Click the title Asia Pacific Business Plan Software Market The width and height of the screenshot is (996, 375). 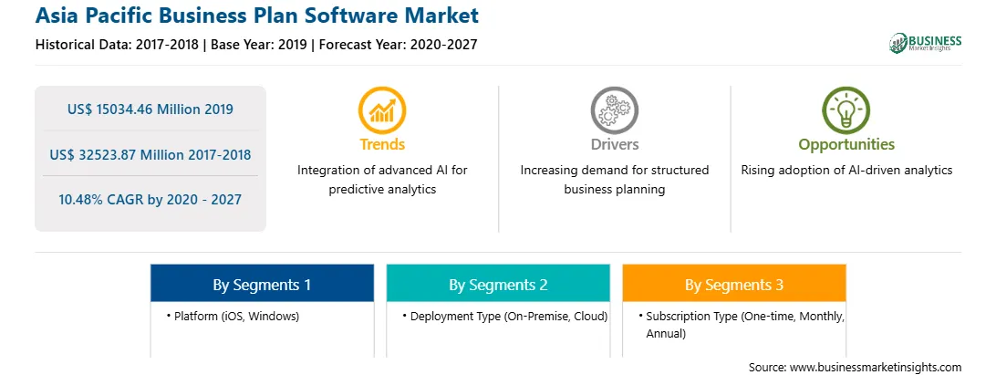click(x=257, y=16)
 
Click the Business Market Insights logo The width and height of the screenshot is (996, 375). click(x=925, y=43)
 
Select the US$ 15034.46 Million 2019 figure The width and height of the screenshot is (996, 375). click(x=150, y=109)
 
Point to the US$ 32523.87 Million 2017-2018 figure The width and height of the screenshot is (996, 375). click(x=150, y=154)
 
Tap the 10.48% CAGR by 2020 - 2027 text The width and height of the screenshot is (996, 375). click(x=150, y=200)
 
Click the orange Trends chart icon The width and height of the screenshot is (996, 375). click(x=382, y=110)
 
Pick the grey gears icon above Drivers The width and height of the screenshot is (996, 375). click(x=614, y=110)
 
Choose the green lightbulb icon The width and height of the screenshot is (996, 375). click(x=846, y=110)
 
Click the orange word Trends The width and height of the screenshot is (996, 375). click(x=382, y=144)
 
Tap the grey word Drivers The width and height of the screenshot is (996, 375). click(x=614, y=144)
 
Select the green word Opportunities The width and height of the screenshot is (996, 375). click(x=846, y=145)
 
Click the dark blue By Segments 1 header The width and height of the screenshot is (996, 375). click(x=263, y=283)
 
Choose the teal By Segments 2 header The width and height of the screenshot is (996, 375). click(x=498, y=283)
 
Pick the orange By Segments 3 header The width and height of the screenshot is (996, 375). click(x=734, y=283)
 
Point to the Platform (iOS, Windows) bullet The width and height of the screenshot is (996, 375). click(x=233, y=316)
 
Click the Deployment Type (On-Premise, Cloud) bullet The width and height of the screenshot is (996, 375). click(x=505, y=316)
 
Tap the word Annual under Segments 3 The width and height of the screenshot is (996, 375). click(x=666, y=333)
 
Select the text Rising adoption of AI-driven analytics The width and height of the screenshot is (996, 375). click(x=846, y=171)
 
